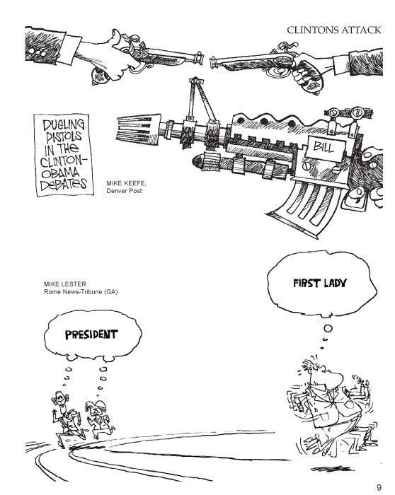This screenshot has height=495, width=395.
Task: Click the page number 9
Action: (379, 485)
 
